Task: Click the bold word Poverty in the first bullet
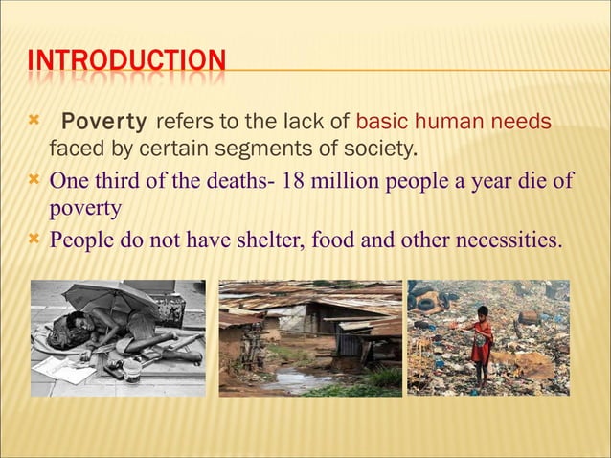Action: coord(103,122)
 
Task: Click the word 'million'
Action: coord(343,181)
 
